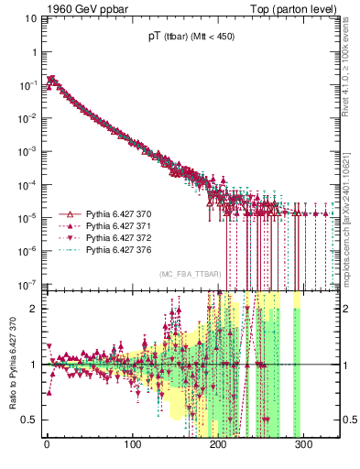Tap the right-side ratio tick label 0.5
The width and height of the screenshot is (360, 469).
[x=347, y=420]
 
